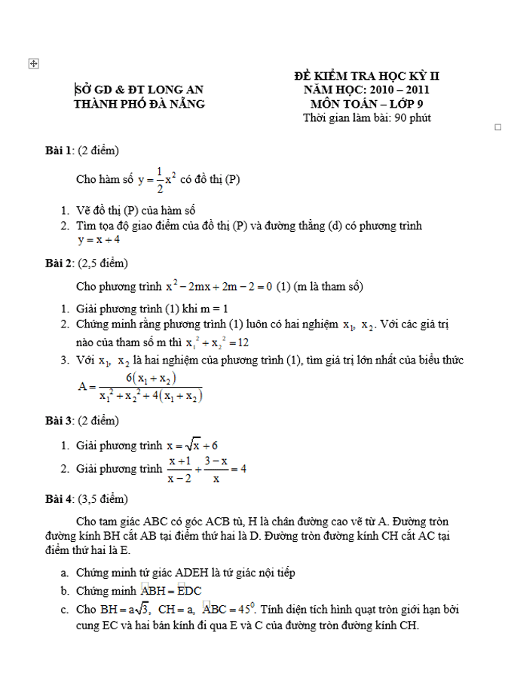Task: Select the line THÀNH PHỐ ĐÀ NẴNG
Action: tap(139, 104)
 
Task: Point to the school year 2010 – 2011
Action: tap(396, 90)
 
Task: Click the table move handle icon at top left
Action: tap(32, 65)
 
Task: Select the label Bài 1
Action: tap(59, 151)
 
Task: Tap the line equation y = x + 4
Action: tap(99, 240)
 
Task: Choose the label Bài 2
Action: tap(59, 263)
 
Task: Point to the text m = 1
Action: tap(215, 309)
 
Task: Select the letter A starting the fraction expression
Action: tap(82, 386)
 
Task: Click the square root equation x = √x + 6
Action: tap(197, 446)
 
